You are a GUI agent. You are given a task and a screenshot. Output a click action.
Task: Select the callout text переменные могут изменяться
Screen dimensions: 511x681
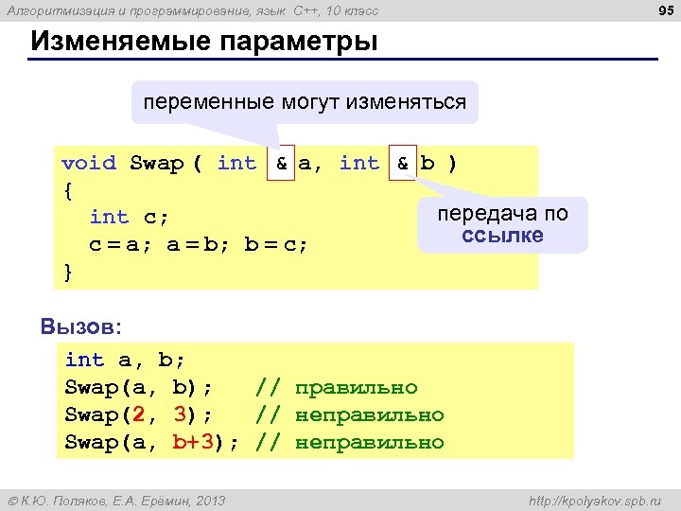pos(305,101)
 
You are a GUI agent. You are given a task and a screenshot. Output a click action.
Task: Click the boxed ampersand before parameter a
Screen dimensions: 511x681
pos(281,163)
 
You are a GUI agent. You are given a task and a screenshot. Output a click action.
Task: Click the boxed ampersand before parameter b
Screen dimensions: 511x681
pos(402,163)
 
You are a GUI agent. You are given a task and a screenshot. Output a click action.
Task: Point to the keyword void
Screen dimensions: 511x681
pos(89,163)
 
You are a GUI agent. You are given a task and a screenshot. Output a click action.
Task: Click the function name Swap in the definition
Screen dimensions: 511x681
pos(156,163)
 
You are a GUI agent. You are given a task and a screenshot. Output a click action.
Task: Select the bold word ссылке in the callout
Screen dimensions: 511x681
pos(502,235)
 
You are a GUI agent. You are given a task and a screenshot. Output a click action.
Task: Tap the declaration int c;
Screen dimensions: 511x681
pos(129,218)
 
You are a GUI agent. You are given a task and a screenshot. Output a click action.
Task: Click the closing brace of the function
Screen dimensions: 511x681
pos(67,272)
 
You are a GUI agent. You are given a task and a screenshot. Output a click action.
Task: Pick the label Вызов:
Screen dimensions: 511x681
pos(81,326)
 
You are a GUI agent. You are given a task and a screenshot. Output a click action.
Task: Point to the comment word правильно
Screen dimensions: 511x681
pos(357,387)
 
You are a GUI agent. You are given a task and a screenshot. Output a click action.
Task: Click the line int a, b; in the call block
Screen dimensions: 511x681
pos(125,360)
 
